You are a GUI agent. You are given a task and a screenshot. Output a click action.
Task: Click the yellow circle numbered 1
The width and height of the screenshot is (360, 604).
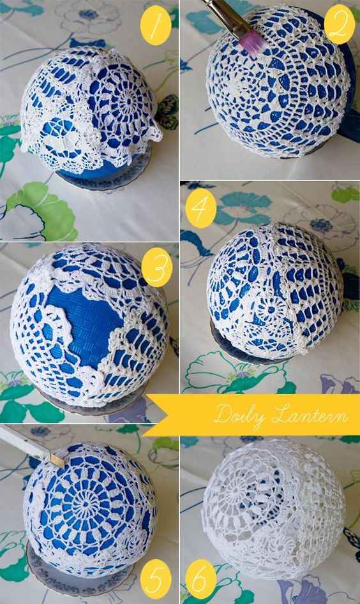156,26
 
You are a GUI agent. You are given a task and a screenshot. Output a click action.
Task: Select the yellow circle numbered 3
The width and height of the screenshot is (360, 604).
156,267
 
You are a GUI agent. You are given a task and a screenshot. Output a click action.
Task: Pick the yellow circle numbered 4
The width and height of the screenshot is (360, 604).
201,208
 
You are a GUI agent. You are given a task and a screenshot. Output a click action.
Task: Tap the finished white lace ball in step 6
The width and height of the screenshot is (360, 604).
273,508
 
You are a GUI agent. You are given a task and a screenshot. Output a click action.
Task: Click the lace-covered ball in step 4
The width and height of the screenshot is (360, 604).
274,291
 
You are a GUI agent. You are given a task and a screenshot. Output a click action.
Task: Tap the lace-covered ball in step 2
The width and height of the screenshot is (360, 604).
280,83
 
